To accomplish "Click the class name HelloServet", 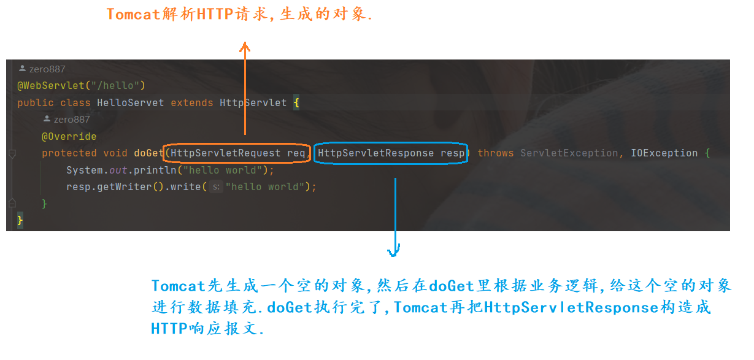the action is [130, 103].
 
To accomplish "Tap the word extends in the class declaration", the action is [191, 103].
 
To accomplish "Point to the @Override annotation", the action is [69, 136].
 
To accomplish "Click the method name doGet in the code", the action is [148, 153].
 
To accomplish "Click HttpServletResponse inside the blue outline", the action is [375, 153].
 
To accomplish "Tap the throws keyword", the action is [495, 153].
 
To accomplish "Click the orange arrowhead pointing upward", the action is [245, 47].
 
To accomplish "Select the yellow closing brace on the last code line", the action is [20, 220].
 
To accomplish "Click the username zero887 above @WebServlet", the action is [47, 69].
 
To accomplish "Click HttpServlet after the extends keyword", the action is [253, 103].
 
